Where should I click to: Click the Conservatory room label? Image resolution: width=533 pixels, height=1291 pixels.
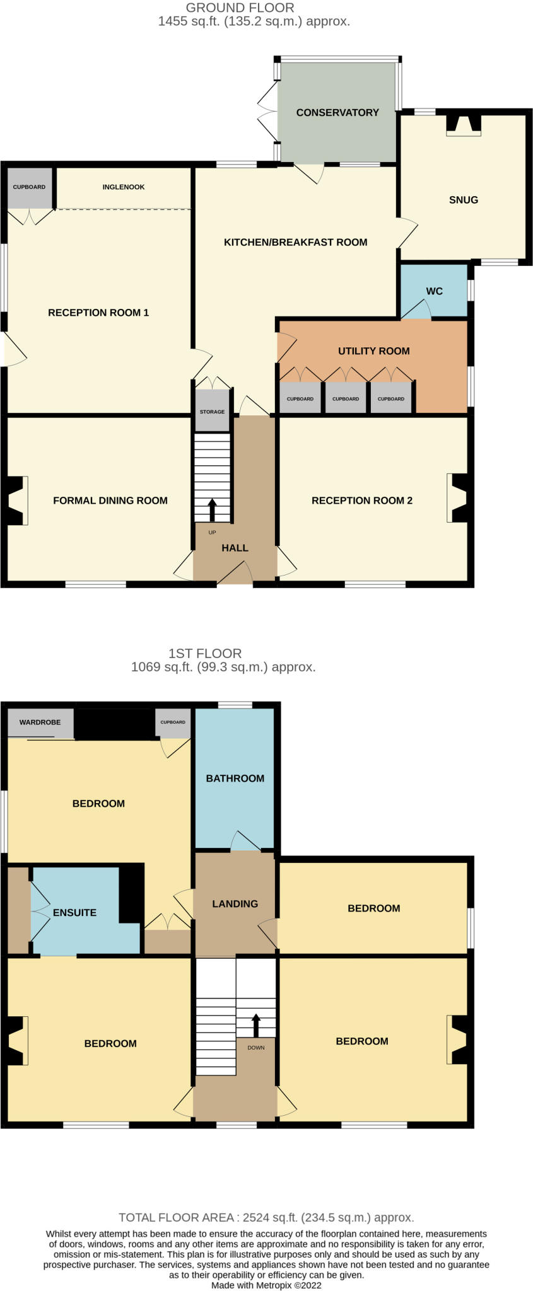pos(337,113)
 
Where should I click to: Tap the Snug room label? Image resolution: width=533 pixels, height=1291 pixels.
pos(464,200)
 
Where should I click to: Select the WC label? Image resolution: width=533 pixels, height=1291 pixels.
pos(434,291)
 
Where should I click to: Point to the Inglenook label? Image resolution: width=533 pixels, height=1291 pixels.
pos(124,187)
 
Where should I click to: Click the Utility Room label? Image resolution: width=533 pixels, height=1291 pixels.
pos(373,351)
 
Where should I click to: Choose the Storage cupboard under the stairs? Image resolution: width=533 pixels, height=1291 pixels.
pos(212,411)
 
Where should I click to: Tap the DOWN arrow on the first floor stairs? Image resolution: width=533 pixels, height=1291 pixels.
pos(256,1025)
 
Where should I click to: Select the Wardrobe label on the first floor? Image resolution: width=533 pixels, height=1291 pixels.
pos(40,722)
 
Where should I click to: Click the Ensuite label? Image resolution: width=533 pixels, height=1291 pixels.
pos(74,913)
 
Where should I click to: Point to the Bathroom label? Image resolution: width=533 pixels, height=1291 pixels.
pos(235,779)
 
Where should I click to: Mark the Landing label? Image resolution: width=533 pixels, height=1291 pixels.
pos(235,904)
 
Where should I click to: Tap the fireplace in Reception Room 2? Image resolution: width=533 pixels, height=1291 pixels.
pos(457,498)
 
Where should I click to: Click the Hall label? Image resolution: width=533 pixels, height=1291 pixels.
pos(235,548)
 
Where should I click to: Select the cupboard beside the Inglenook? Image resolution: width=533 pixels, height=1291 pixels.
pos(29,188)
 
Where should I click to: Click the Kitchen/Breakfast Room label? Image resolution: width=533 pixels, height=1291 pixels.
pos(295,242)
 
